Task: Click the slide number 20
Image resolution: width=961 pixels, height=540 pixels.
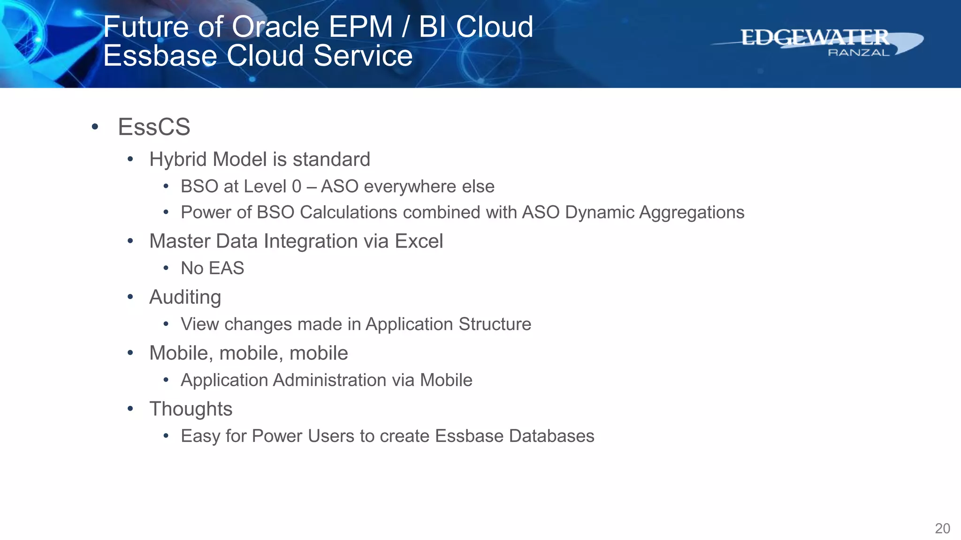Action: coord(942,528)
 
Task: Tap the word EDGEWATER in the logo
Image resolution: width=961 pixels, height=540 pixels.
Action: coord(815,37)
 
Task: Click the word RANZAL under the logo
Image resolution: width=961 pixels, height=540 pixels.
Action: coord(858,52)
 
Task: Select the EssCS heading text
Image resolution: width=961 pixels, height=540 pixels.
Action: coord(154,127)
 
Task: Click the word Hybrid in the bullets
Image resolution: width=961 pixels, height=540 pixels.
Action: coord(178,160)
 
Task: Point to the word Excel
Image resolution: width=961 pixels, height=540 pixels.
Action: coord(419,241)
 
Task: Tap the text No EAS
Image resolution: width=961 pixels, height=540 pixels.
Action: coord(212,268)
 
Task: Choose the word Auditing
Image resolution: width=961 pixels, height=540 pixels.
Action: coord(185,297)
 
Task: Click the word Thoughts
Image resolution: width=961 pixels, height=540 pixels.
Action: coord(191,409)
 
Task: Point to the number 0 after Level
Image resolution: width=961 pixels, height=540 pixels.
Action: coord(297,187)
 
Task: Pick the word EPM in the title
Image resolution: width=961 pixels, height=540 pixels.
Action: coord(360,27)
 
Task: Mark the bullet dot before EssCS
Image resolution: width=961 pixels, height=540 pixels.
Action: coord(95,127)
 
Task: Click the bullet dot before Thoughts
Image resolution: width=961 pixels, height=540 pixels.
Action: coord(130,409)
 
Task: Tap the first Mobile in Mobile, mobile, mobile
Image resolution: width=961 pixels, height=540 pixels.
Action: coord(178,353)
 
